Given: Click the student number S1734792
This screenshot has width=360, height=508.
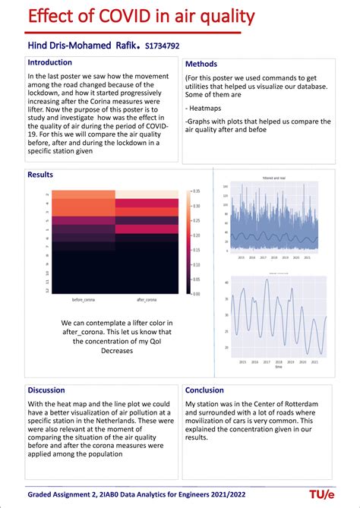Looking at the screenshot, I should (x=162, y=46).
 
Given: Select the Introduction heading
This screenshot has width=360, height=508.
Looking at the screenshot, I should (x=50, y=62).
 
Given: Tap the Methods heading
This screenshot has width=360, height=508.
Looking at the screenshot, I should (x=201, y=65).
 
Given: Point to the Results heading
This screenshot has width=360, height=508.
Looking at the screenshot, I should (x=40, y=175).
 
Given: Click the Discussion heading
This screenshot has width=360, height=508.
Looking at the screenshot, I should (x=47, y=390).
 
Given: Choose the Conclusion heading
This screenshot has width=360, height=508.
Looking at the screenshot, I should (x=204, y=390).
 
